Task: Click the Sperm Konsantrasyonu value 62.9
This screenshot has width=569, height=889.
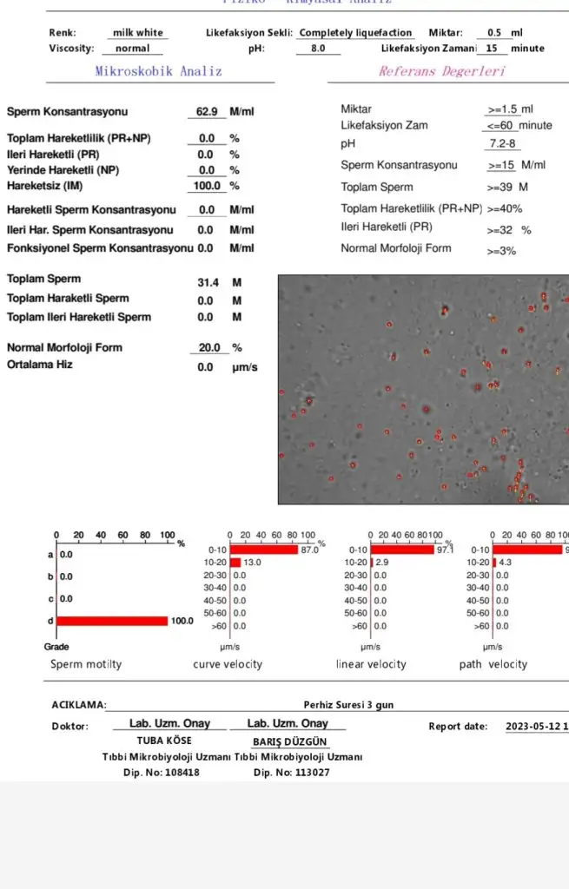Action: coord(207,112)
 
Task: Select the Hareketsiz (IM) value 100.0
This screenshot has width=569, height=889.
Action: coord(207,186)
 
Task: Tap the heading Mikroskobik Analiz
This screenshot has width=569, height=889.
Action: coord(158,71)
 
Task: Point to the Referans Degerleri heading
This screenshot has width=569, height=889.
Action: coord(441,71)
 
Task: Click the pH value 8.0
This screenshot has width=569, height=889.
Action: coord(318,49)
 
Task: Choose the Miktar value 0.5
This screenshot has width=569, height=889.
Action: coord(495,33)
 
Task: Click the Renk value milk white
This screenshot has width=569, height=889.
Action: coord(137,33)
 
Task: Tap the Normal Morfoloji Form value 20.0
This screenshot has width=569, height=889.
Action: coord(209,347)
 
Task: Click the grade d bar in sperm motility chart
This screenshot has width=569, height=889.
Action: coord(112,621)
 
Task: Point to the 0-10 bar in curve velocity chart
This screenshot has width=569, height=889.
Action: coord(263,550)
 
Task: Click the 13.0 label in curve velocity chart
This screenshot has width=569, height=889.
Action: coord(253,563)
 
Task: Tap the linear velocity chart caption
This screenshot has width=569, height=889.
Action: coord(371,664)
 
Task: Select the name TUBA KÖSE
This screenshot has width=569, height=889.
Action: coord(164,741)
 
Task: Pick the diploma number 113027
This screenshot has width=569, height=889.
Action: coord(312,772)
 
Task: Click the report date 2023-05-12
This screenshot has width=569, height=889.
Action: coord(533,727)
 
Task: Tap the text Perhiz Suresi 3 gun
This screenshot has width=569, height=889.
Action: coord(348,705)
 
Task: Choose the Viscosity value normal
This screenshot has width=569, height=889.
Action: coord(132,49)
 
